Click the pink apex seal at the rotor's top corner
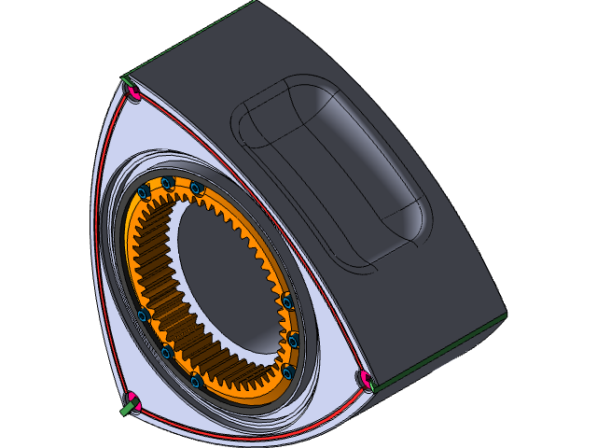(132, 91)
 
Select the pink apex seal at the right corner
(365, 379)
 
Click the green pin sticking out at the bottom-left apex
(125, 408)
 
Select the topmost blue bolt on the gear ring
(168, 182)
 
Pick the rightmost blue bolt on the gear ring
(293, 341)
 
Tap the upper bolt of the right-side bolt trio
(287, 302)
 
